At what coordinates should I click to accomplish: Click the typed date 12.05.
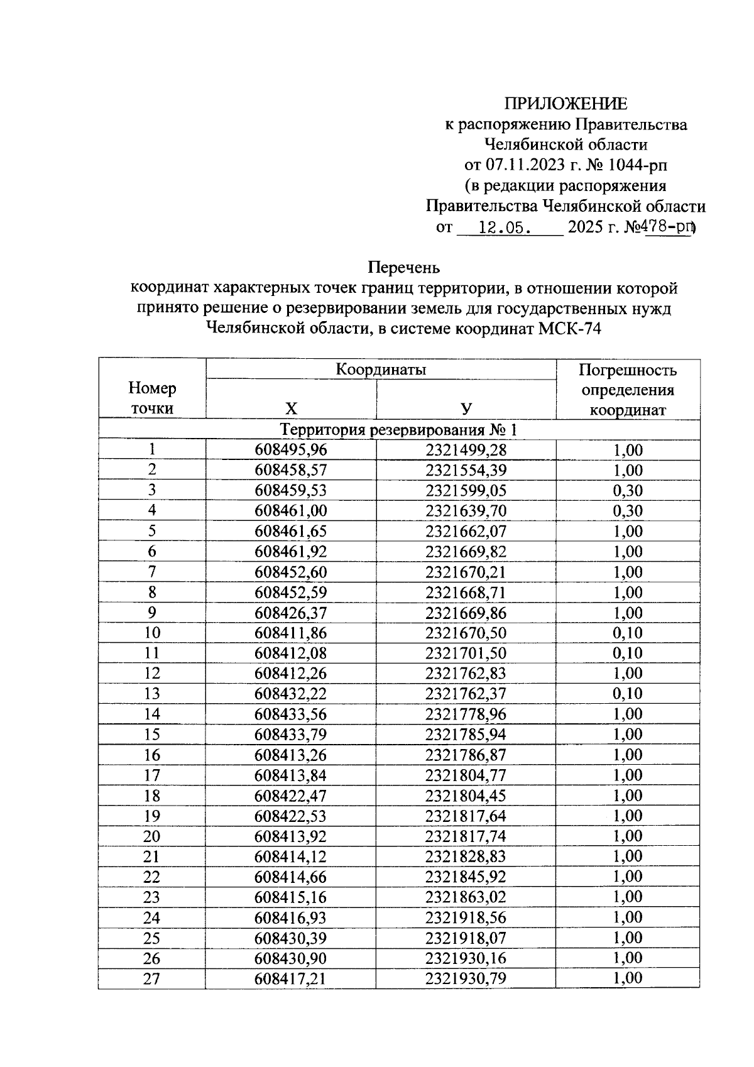click(502, 227)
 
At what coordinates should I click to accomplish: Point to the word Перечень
click(403, 268)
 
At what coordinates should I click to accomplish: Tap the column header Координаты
click(381, 369)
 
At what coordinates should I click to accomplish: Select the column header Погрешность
click(627, 369)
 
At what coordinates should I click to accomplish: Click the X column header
click(291, 409)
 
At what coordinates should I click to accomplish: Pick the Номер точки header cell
click(152, 398)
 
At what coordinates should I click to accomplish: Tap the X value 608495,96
click(291, 450)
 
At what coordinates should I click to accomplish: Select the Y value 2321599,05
click(466, 491)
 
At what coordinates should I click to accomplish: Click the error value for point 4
click(628, 511)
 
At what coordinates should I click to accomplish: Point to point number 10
click(152, 633)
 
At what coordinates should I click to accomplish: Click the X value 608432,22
click(291, 694)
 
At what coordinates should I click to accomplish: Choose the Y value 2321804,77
click(466, 775)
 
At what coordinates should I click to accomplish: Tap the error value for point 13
click(628, 694)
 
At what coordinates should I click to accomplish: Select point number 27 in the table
click(152, 978)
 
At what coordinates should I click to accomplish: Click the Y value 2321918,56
click(466, 917)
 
